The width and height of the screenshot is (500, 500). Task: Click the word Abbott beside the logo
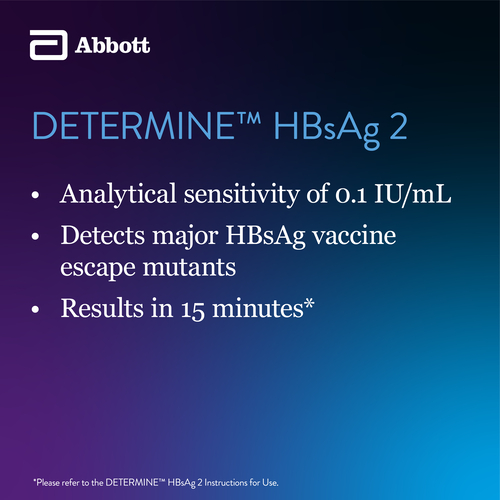tap(112, 45)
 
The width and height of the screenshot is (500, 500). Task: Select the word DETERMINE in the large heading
tap(134, 126)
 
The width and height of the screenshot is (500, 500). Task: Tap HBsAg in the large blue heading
tap(327, 129)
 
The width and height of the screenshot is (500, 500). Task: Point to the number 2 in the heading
tap(398, 127)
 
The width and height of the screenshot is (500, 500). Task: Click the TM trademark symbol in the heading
tap(249, 119)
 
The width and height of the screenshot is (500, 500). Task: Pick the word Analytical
tap(118, 194)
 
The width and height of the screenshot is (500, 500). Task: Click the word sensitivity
tap(242, 194)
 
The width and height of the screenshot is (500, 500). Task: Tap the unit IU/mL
tap(413, 194)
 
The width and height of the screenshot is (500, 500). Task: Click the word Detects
tap(103, 235)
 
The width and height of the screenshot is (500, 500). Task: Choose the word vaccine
tap(354, 236)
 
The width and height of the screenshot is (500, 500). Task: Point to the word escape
tap(98, 268)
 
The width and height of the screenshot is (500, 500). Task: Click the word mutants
tap(189, 267)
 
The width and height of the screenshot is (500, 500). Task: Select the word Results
tap(102, 308)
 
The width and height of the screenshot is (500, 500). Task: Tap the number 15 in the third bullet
tap(193, 310)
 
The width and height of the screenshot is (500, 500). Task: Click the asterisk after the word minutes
tap(309, 303)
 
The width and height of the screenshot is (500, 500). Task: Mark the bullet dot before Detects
tap(35, 236)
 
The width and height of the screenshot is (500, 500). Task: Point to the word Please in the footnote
tap(48, 483)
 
